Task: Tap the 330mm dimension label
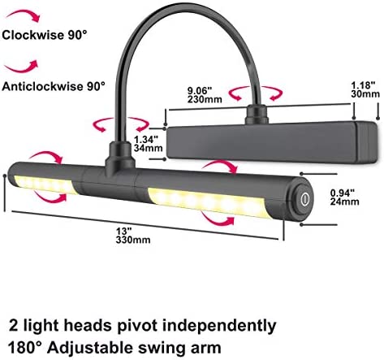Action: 133,240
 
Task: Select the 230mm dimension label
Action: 205,99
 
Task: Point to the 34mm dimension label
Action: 149,148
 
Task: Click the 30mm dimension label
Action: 365,94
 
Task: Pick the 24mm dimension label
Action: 344,202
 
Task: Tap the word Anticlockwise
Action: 42,86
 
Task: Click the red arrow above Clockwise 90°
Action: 24,15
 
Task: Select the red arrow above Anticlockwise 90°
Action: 22,67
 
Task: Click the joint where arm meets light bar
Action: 120,160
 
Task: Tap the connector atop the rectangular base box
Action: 257,115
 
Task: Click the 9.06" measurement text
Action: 200,90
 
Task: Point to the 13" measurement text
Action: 124,232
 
